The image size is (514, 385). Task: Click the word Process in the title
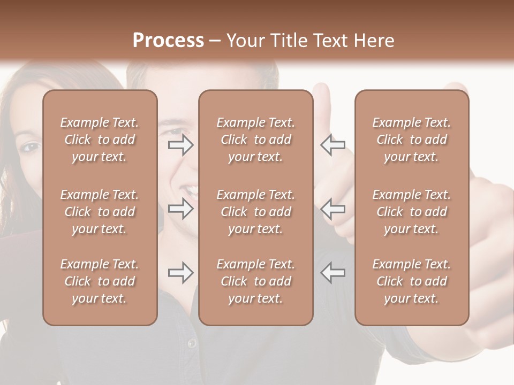[168, 40]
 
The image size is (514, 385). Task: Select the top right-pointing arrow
[180, 144]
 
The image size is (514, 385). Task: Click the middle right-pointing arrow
[180, 209]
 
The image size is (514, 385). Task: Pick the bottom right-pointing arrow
[180, 273]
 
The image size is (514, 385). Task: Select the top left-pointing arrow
[333, 144]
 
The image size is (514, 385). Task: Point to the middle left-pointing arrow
[333, 209]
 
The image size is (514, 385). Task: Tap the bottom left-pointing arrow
[333, 273]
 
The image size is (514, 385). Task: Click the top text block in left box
[100, 140]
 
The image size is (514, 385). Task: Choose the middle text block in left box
[100, 212]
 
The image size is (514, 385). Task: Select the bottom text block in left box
[100, 281]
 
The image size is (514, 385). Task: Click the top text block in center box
[255, 140]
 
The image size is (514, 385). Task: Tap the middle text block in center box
[255, 212]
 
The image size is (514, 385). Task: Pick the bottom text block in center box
[255, 281]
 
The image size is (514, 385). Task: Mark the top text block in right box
[411, 140]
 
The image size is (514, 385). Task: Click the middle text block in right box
[411, 212]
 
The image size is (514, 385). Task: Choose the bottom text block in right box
[411, 281]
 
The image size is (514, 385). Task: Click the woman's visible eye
[31, 146]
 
